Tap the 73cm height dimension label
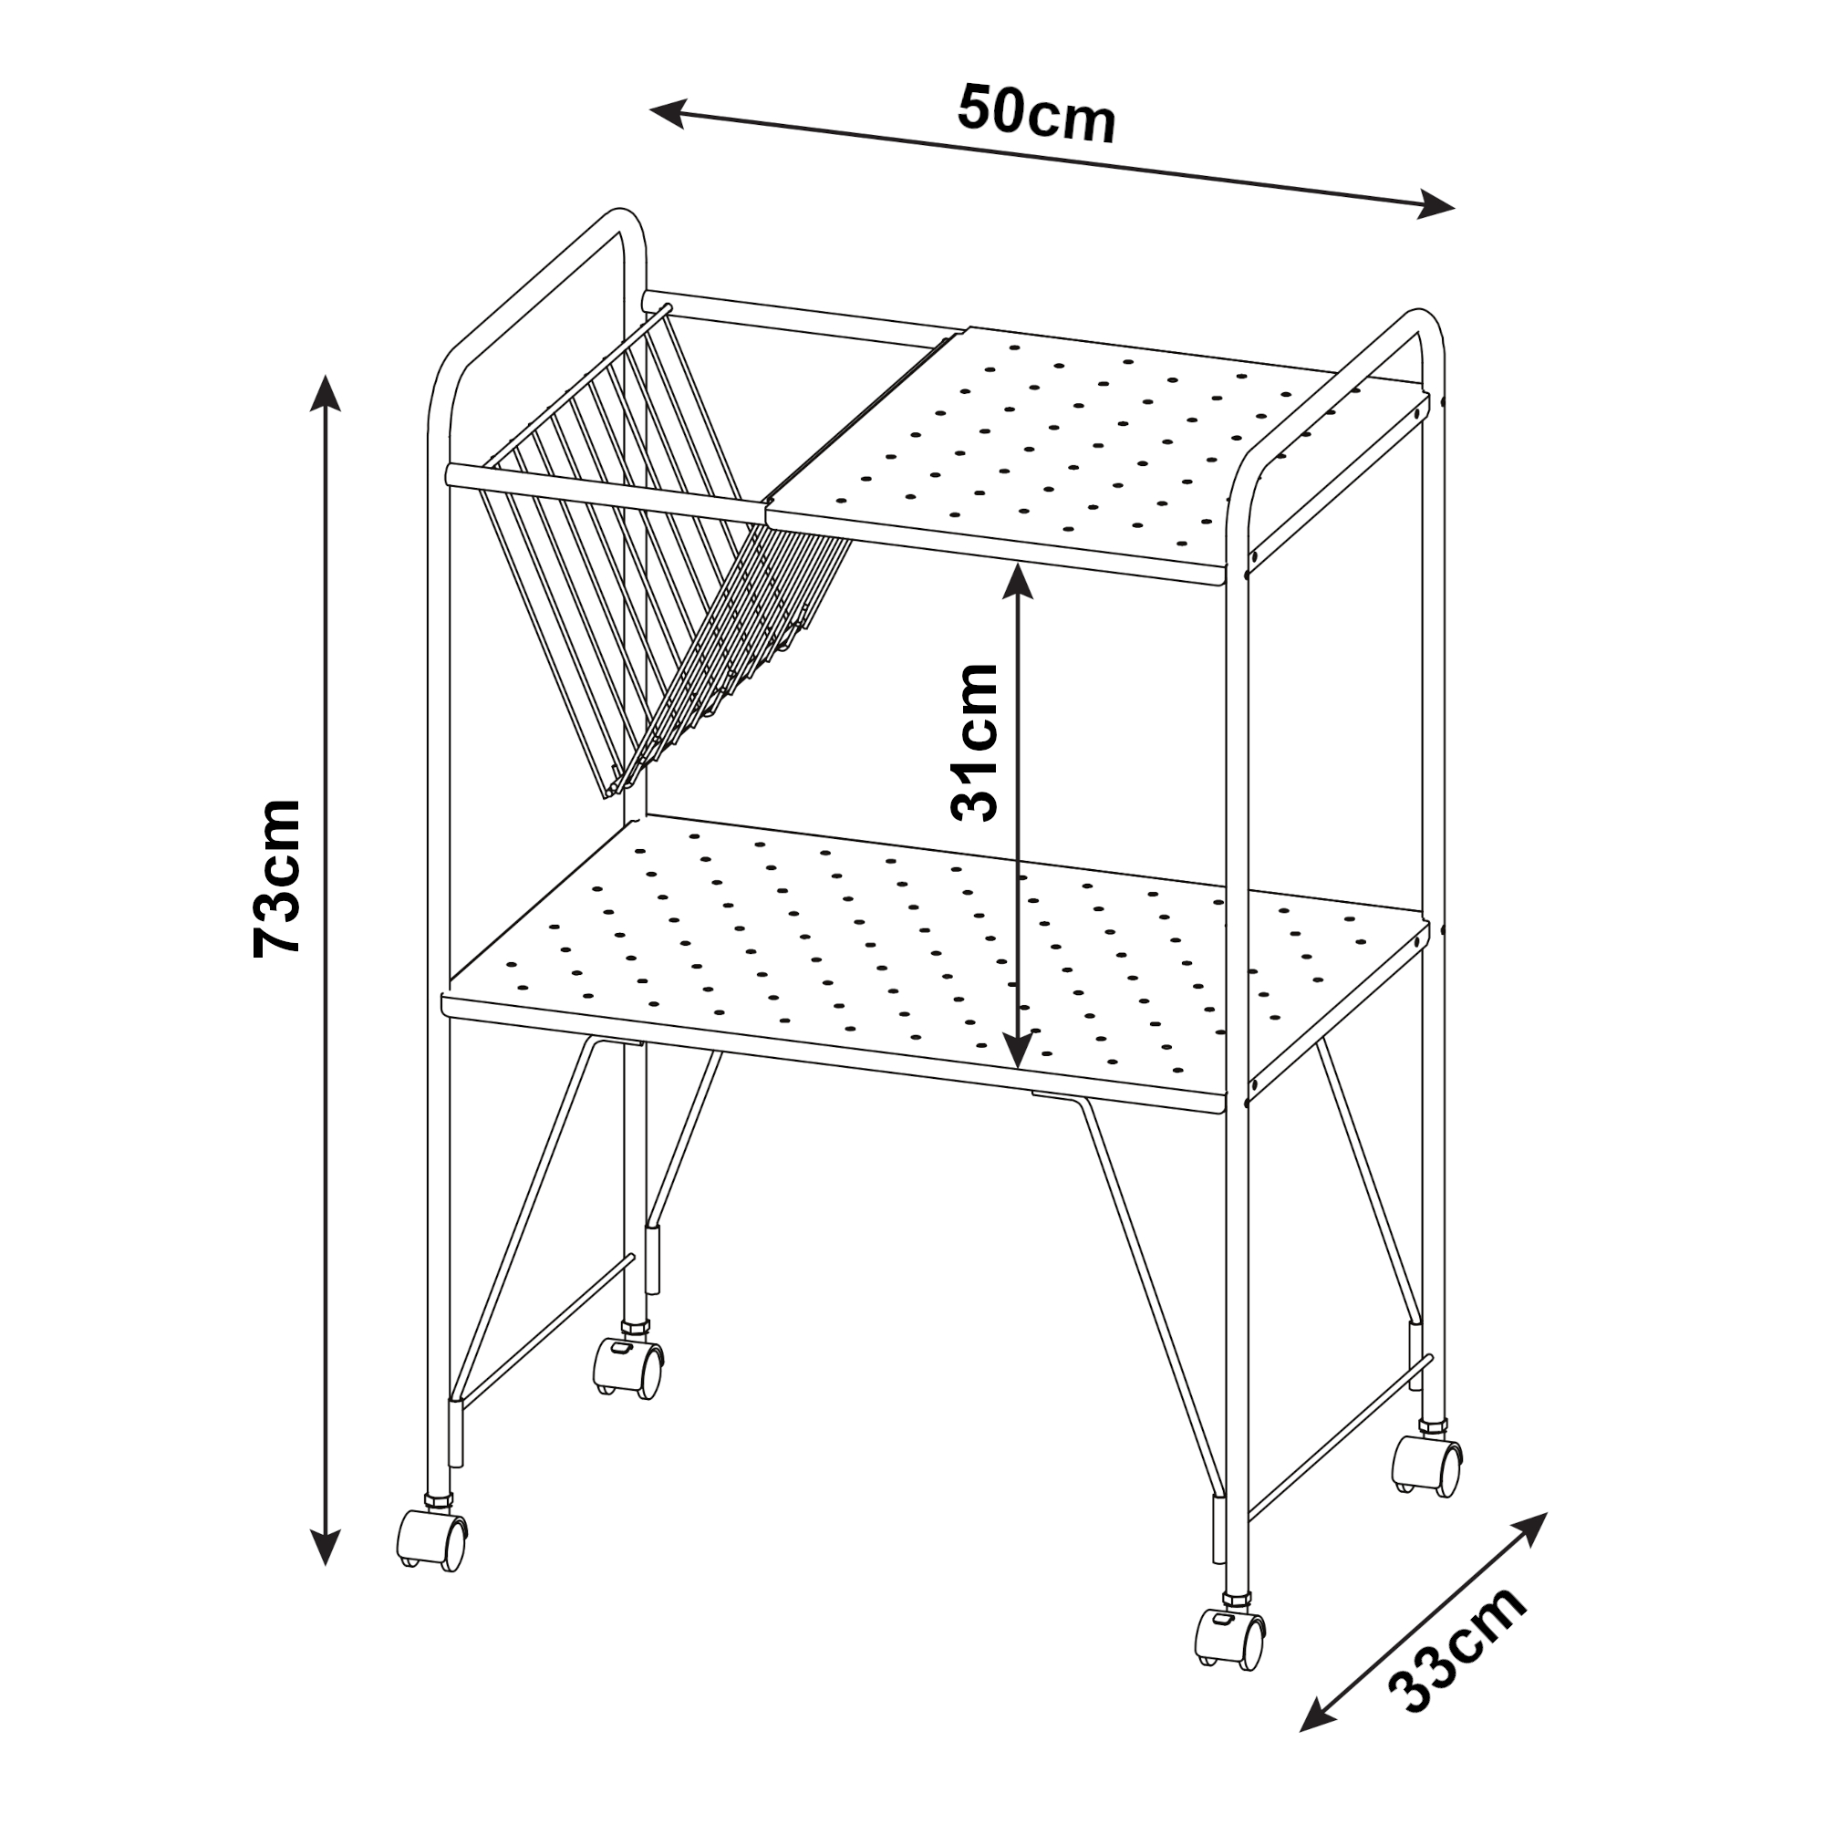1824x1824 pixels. (x=276, y=877)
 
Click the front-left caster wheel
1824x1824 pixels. (x=431, y=1539)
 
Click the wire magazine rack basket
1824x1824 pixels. (x=651, y=557)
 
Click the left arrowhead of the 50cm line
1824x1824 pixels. (x=667, y=112)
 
